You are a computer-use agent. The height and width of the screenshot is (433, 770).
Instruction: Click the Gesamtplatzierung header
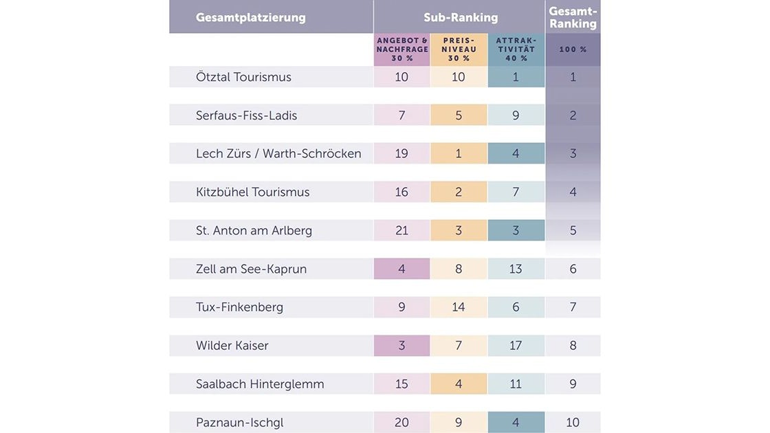250,18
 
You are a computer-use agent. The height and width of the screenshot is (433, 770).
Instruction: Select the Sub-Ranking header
460,18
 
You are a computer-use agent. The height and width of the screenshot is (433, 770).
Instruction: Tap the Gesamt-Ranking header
573,17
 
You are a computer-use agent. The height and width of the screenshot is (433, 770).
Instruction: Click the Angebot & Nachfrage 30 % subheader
402,49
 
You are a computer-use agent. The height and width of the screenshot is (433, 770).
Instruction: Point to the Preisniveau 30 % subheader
459,49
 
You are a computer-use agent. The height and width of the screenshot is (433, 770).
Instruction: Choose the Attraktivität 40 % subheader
516,49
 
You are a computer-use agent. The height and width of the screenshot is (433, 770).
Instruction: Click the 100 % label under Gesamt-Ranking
573,49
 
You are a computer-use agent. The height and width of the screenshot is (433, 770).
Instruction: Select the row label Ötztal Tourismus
243,77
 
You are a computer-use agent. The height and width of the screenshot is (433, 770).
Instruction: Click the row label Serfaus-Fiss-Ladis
246,115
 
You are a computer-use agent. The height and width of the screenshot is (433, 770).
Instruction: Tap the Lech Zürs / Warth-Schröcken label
278,154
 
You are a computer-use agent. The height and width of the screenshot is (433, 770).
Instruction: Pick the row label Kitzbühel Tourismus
252,192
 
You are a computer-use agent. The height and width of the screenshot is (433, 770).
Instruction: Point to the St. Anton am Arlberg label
254,231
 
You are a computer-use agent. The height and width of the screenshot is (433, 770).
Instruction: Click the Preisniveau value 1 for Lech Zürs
459,154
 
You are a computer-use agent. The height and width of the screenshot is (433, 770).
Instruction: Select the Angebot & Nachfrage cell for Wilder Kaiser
402,346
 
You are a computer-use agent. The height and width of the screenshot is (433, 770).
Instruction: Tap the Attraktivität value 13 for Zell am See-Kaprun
516,269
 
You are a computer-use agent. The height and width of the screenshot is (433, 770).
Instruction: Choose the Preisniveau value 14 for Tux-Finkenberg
459,307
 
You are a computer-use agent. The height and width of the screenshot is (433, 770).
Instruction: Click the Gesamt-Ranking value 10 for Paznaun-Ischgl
573,423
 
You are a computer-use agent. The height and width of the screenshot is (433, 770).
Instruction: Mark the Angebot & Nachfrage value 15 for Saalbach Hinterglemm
402,384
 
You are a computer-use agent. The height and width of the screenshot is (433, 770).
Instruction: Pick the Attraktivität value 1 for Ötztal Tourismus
516,77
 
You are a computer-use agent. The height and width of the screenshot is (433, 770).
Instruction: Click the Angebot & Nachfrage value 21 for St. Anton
402,231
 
